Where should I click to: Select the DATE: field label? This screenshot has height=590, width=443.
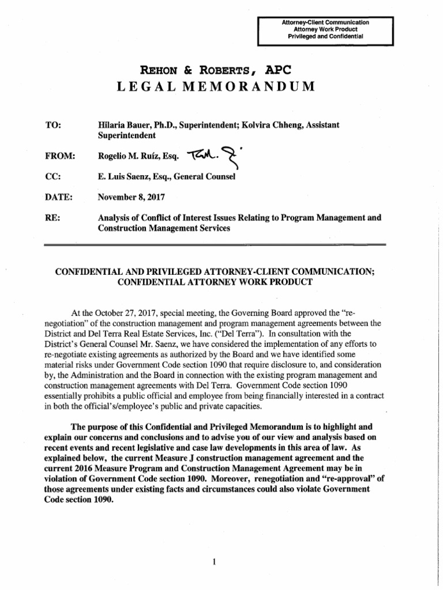[58, 198]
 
